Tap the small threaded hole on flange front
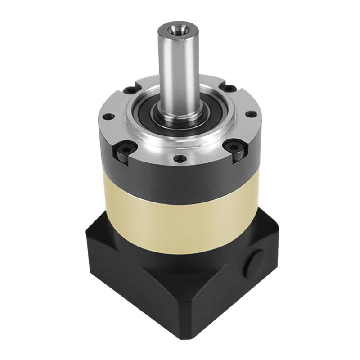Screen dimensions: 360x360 click(x=180, y=158)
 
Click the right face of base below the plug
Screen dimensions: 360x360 click(x=252, y=292)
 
